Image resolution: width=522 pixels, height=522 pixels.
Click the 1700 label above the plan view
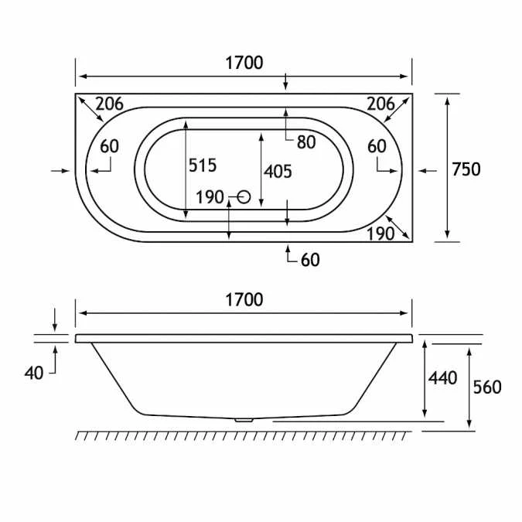[244, 63]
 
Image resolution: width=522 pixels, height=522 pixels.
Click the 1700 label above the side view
[244, 299]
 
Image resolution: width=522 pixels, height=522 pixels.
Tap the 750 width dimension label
[466, 169]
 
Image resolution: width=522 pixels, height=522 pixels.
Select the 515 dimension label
[203, 165]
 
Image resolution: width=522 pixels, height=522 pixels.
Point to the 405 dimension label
[278, 172]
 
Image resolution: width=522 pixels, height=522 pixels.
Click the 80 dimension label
[306, 142]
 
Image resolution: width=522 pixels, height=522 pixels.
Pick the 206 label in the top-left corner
[110, 104]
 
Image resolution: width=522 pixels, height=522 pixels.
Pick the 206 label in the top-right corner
[380, 104]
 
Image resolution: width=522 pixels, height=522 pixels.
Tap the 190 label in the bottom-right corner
[380, 234]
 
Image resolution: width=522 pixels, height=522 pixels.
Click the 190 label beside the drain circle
[210, 197]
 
